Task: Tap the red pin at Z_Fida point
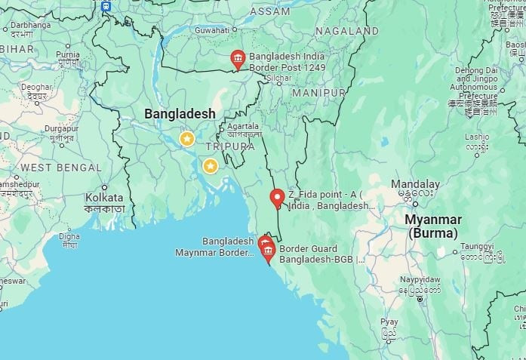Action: click(x=277, y=198)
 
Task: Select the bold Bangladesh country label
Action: click(x=180, y=113)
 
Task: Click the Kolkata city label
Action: click(x=104, y=198)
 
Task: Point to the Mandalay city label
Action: click(x=415, y=184)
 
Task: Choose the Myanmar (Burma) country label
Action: click(x=432, y=226)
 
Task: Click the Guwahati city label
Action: click(x=211, y=30)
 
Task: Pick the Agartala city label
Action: click(x=243, y=126)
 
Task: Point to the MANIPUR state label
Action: click(x=318, y=92)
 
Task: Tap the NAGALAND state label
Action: click(x=346, y=31)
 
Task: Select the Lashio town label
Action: click(x=476, y=137)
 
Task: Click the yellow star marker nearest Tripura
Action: click(x=211, y=165)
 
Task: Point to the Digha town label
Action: click(x=69, y=235)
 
